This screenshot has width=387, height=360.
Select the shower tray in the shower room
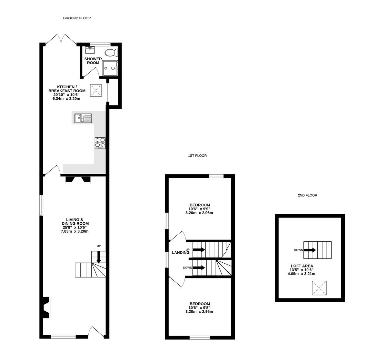point(110,68)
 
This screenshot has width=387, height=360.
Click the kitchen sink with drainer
point(83,118)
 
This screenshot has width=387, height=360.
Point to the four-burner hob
point(100,143)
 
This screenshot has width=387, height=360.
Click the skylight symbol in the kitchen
point(96,90)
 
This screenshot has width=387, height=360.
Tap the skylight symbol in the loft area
point(318,288)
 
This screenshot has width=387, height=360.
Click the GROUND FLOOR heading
point(77,18)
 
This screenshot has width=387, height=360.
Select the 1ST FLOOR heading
point(197,156)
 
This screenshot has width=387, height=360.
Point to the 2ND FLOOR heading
point(307,195)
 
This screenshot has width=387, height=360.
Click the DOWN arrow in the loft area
point(310,250)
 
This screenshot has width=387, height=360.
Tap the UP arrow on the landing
point(199,249)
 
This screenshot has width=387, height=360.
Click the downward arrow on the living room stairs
point(99,257)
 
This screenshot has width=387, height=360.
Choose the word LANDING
point(181,253)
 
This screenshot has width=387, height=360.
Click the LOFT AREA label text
point(302,266)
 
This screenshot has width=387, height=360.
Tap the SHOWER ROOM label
point(93,61)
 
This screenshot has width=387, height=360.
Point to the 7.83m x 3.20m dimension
point(75,231)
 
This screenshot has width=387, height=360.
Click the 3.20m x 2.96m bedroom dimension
point(199,213)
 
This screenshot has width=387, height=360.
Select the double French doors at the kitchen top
point(61,39)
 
